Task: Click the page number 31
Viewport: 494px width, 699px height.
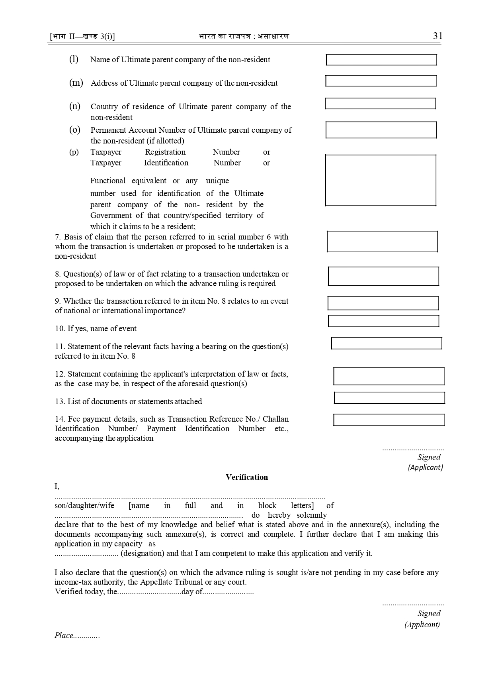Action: tap(437, 36)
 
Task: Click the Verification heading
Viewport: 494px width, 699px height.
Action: tap(247, 477)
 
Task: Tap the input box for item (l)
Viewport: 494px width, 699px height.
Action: tap(381, 60)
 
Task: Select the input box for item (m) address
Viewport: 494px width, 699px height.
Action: tap(381, 81)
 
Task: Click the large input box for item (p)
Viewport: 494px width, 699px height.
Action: tap(381, 180)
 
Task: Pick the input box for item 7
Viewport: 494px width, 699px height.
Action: tap(382, 242)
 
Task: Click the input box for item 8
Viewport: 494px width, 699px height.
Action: tap(383, 276)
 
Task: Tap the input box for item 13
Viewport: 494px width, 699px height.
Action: tap(389, 398)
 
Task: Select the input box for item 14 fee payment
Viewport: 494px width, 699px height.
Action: tap(389, 420)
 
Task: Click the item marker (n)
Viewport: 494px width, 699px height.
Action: tap(75, 106)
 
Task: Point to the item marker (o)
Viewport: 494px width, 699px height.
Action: tap(75, 130)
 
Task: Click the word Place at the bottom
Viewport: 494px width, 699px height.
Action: tap(64, 636)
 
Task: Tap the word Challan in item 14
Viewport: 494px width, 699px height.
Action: tap(276, 419)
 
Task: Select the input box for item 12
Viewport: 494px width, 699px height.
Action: tap(389, 376)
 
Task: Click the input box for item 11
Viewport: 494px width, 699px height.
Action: tap(387, 343)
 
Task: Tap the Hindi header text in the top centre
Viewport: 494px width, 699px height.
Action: tap(244, 36)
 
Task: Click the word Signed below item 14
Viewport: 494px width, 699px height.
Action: tap(429, 457)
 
